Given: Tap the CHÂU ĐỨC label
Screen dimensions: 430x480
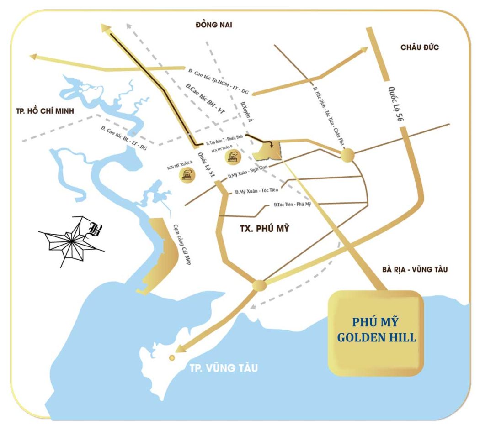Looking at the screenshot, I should (419, 47).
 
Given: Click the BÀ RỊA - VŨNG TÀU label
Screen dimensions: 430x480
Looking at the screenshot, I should (415, 270).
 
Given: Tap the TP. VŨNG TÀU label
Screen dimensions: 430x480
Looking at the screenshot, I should (224, 367).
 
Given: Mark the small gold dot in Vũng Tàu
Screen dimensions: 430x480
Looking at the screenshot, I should (172, 358).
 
